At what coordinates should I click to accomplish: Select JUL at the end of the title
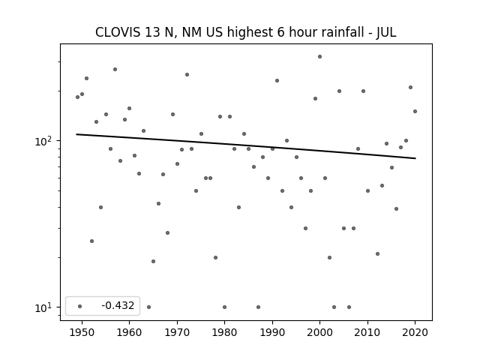(386, 32)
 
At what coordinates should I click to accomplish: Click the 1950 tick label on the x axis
(82, 332)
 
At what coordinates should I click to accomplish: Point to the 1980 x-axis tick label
(224, 332)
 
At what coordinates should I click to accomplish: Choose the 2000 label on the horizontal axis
(320, 332)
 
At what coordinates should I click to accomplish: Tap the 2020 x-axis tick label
(415, 332)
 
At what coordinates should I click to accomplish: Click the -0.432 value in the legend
(118, 305)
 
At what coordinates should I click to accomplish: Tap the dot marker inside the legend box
(80, 306)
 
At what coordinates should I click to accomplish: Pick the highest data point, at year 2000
(320, 57)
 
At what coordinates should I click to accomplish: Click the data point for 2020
(415, 112)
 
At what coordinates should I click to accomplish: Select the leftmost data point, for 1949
(77, 97)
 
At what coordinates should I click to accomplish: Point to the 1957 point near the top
(115, 70)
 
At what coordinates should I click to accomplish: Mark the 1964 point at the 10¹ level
(148, 307)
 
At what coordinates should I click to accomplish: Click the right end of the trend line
(415, 158)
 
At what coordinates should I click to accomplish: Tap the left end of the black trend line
(76, 134)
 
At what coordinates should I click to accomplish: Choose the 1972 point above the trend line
(187, 75)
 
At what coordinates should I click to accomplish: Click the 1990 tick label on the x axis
(272, 332)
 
